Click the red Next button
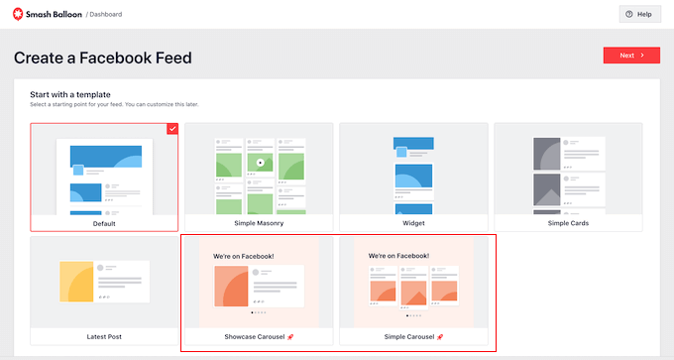631,56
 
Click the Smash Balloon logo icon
20,14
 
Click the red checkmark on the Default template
172,128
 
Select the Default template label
104,223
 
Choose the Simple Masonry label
259,223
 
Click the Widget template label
413,223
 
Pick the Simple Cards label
568,223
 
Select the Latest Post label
104,336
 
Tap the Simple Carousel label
409,336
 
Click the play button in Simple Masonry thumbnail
260,162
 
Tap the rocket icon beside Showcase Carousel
289,336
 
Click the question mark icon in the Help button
628,14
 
